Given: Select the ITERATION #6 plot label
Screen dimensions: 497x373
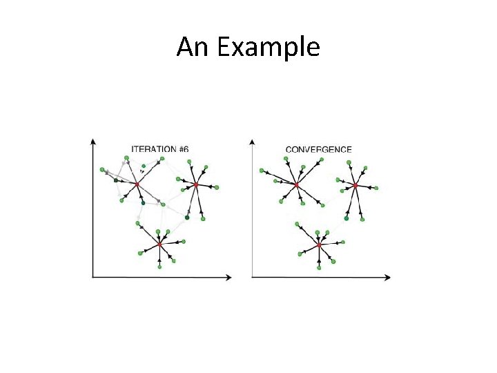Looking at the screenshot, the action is [160, 149].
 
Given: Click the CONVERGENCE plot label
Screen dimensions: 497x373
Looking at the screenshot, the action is [318, 149].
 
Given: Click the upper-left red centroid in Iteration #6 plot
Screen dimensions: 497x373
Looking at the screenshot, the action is [137, 184].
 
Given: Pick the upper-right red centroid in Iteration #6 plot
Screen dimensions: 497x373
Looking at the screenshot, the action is [196, 184].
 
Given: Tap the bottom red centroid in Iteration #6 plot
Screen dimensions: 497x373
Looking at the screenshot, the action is [159, 244].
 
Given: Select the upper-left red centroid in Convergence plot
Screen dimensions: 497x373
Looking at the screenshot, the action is [296, 184].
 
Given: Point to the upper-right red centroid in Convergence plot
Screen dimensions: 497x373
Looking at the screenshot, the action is [355, 184].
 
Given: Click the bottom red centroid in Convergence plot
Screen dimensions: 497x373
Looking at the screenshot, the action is [319, 245].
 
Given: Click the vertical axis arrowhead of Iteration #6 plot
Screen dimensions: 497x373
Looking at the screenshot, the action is [93, 142].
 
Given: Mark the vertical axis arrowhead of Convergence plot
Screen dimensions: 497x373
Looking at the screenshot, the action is [253, 142].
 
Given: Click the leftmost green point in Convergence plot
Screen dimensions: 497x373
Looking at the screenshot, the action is [262, 170].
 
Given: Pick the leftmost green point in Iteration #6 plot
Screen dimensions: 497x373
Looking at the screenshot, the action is [102, 169].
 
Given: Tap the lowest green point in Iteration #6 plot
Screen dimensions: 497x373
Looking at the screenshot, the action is [159, 267].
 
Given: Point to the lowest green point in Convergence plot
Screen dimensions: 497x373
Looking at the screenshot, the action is [319, 267].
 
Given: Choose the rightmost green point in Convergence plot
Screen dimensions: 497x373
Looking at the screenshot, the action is [377, 187].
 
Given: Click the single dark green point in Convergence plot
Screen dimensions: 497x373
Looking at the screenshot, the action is [347, 218].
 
